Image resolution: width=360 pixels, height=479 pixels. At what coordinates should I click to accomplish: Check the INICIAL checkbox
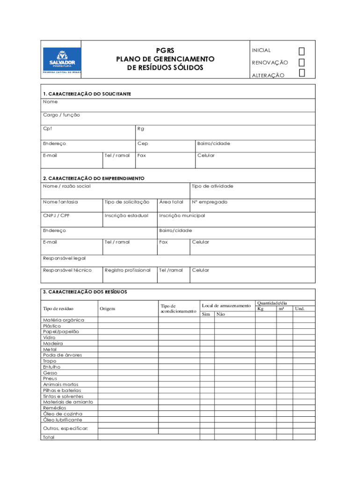point(302,51)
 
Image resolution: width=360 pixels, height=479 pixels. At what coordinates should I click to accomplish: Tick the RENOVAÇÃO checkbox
point(302,62)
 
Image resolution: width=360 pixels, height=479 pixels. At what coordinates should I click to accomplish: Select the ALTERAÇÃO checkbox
point(302,73)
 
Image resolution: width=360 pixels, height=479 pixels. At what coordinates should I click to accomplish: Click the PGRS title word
point(165,51)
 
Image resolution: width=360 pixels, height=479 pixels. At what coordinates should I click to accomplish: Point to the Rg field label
point(141,129)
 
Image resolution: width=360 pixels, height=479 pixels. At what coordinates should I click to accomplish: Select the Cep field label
point(143,144)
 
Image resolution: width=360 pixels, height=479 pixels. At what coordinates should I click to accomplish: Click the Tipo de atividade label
point(212,186)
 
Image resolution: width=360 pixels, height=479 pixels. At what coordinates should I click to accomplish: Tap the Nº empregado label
point(209,202)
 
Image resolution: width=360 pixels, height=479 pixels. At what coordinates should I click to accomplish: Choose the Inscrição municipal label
point(182,216)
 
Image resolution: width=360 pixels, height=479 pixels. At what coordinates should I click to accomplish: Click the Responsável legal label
point(65,258)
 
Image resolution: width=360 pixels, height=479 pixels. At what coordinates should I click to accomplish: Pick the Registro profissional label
point(128,270)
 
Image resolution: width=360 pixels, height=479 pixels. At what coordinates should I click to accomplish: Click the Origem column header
point(107,309)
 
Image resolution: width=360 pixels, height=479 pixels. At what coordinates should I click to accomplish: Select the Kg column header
point(260,309)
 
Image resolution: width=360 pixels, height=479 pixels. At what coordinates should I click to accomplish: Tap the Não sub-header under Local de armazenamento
point(221,314)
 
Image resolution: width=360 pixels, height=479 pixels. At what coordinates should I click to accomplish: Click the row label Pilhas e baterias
point(62,390)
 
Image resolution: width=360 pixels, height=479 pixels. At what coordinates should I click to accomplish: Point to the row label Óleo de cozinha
point(63,414)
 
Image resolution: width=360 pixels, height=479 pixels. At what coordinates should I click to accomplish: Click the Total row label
point(49,437)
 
